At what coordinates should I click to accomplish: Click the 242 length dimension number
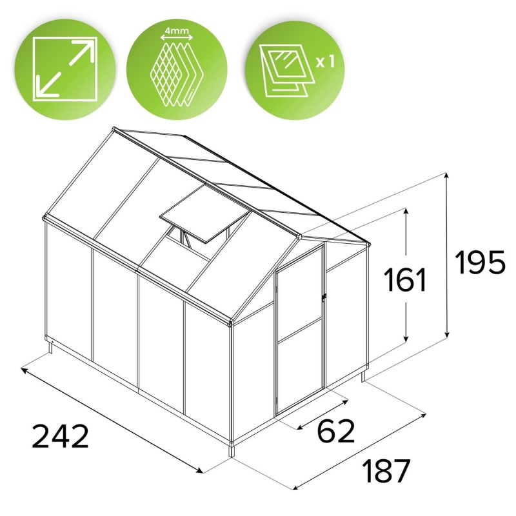(x=60, y=436)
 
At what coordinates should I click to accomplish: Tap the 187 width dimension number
(x=386, y=471)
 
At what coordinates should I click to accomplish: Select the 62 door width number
(x=336, y=430)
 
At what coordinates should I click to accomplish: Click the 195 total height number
(x=479, y=262)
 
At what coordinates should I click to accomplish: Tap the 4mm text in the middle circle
(x=177, y=31)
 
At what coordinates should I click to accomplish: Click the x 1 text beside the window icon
(x=325, y=61)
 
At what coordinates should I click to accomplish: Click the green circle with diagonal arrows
(x=66, y=70)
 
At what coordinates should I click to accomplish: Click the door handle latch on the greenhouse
(x=324, y=296)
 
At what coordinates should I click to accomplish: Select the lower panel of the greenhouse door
(x=300, y=366)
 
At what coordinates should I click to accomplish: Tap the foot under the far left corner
(x=50, y=348)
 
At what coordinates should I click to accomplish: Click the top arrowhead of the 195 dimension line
(x=446, y=177)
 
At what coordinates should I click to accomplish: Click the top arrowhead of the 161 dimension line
(x=406, y=213)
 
